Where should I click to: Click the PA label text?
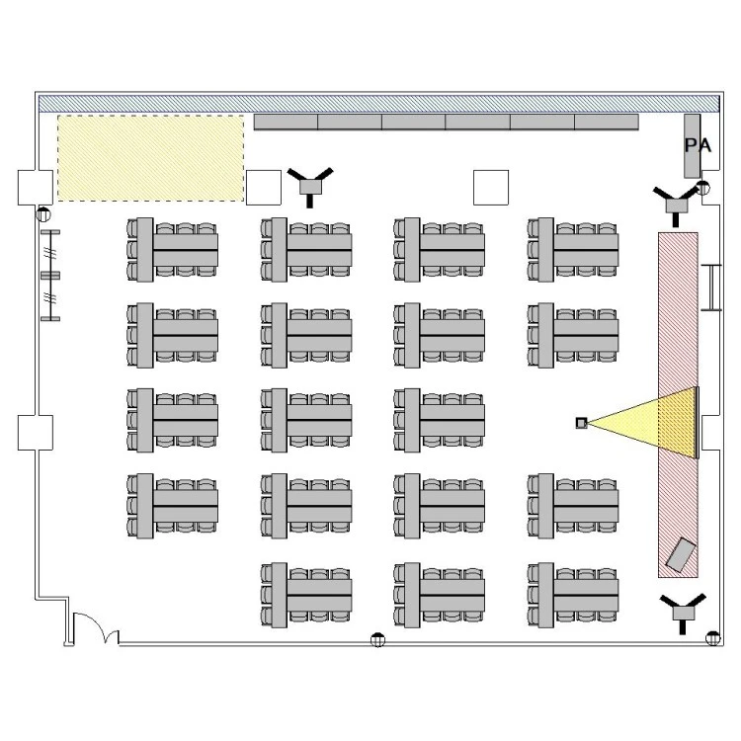click(x=698, y=145)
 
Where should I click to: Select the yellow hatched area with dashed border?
click(x=150, y=158)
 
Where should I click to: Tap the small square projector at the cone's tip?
click(x=581, y=423)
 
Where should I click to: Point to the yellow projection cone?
click(x=652, y=423)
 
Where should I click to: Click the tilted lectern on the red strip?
click(x=681, y=554)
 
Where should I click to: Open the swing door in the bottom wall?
click(x=93, y=629)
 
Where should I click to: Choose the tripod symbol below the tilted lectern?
click(x=684, y=612)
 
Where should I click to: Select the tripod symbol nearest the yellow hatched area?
click(x=311, y=184)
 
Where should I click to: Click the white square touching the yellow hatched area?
click(x=263, y=186)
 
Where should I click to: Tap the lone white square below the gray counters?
click(x=490, y=186)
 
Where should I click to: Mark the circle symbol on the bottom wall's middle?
click(x=377, y=640)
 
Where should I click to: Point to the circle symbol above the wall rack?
click(x=43, y=214)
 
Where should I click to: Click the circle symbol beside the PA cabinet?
click(x=703, y=187)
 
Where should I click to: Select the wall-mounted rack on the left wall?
click(x=50, y=275)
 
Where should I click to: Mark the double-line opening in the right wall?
click(x=709, y=287)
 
